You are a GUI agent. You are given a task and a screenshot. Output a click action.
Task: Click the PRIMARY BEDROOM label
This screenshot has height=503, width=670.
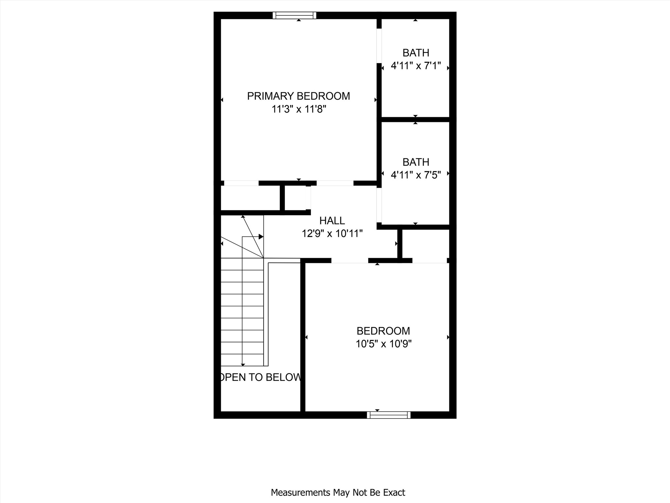coord(298,96)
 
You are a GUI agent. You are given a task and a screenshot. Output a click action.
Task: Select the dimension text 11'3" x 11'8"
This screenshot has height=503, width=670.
coord(299,109)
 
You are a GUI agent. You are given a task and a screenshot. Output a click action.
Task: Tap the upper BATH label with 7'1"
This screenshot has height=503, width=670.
coord(416,53)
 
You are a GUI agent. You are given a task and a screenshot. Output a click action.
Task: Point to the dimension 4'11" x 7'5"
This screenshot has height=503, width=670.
coord(416,175)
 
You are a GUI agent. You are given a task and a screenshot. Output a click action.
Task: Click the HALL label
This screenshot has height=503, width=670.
coord(332,221)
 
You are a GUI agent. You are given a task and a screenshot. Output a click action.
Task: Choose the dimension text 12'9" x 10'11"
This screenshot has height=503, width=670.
coord(332,234)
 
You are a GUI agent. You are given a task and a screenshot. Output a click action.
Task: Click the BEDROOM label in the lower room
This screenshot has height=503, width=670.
coord(383,331)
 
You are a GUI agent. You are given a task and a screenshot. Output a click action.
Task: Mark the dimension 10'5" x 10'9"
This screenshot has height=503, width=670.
coord(383,344)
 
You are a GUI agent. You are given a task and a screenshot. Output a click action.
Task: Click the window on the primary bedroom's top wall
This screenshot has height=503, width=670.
coord(294,15)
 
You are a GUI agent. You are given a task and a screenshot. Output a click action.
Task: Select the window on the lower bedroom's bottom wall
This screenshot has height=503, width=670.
coord(389,415)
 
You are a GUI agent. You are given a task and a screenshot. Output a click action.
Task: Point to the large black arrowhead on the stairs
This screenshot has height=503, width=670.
coord(261,236)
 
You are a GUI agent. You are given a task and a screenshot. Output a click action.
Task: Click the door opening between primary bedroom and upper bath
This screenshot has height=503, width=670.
coord(379,46)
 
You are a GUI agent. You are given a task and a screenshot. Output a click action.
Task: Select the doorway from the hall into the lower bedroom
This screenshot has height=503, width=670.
coord(350,261)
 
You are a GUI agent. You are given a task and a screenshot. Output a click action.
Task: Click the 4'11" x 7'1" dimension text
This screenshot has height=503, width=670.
coord(416,66)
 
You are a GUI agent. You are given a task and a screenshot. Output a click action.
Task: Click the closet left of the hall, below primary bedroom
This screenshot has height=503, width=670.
coord(250,198)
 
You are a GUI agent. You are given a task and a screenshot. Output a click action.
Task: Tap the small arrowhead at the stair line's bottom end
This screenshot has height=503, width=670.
coord(243,364)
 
